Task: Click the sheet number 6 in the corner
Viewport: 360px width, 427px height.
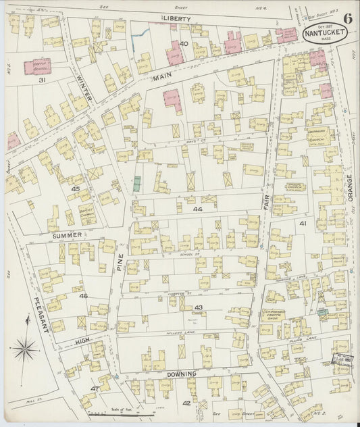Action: (x=346, y=18)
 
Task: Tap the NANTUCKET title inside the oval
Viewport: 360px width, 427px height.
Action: (x=322, y=32)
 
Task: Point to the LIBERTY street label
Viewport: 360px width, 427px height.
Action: (x=176, y=19)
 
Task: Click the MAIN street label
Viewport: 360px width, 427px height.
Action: (x=163, y=78)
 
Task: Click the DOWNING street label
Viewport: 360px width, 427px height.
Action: (x=182, y=374)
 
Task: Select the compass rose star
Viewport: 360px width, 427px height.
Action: (x=25, y=349)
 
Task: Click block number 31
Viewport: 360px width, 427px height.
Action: (x=41, y=80)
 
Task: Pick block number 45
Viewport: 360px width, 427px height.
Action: (x=76, y=189)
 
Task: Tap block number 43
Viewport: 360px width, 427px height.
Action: (x=199, y=307)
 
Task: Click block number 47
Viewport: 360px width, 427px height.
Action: (x=95, y=388)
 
